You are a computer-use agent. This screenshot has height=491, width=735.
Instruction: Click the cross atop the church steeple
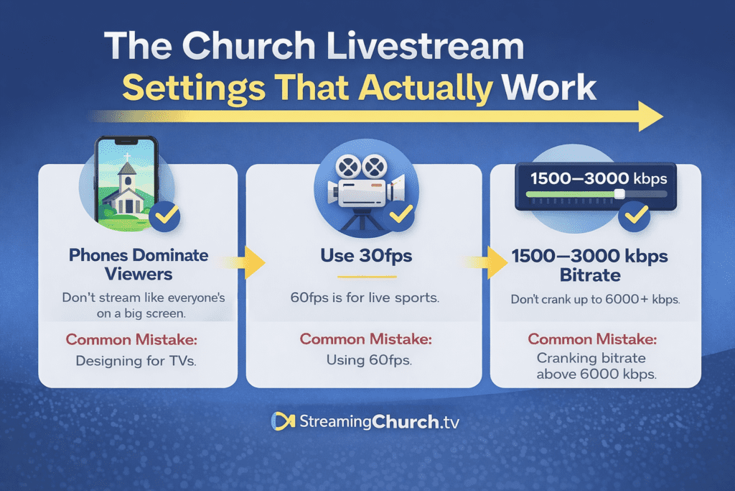tap(126, 157)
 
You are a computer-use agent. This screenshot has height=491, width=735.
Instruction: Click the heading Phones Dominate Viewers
tap(139, 264)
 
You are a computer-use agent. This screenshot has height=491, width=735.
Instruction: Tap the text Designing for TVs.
tap(136, 361)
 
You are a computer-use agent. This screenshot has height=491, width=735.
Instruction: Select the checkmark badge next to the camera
tap(400, 214)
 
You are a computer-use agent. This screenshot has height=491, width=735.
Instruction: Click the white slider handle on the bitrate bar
tap(619, 194)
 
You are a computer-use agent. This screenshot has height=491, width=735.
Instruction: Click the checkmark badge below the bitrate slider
tap(636, 215)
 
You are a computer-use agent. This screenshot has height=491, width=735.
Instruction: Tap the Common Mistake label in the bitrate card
tap(590, 339)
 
